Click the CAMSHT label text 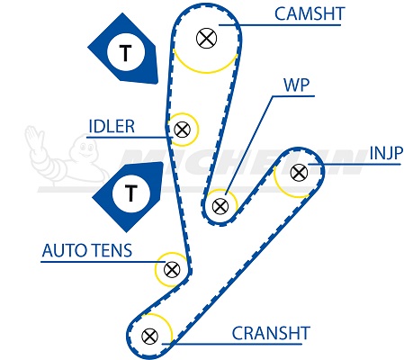coord(310,13)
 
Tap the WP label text coord(296,85)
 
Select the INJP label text coord(386,153)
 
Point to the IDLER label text coord(112,126)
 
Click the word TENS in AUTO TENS coord(112,250)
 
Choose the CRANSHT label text coord(271,333)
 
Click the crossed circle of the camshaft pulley coord(206,38)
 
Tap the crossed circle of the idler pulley coord(182,130)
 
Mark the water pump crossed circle coord(220,206)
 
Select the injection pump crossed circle coord(299,173)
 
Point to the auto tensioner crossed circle coord(172,269)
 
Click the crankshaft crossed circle coord(149,337)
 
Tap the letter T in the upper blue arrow coord(126,53)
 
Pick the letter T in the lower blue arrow coord(130,193)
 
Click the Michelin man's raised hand coord(33,137)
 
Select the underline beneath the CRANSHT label coord(231,344)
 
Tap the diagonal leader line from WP coord(249,145)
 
